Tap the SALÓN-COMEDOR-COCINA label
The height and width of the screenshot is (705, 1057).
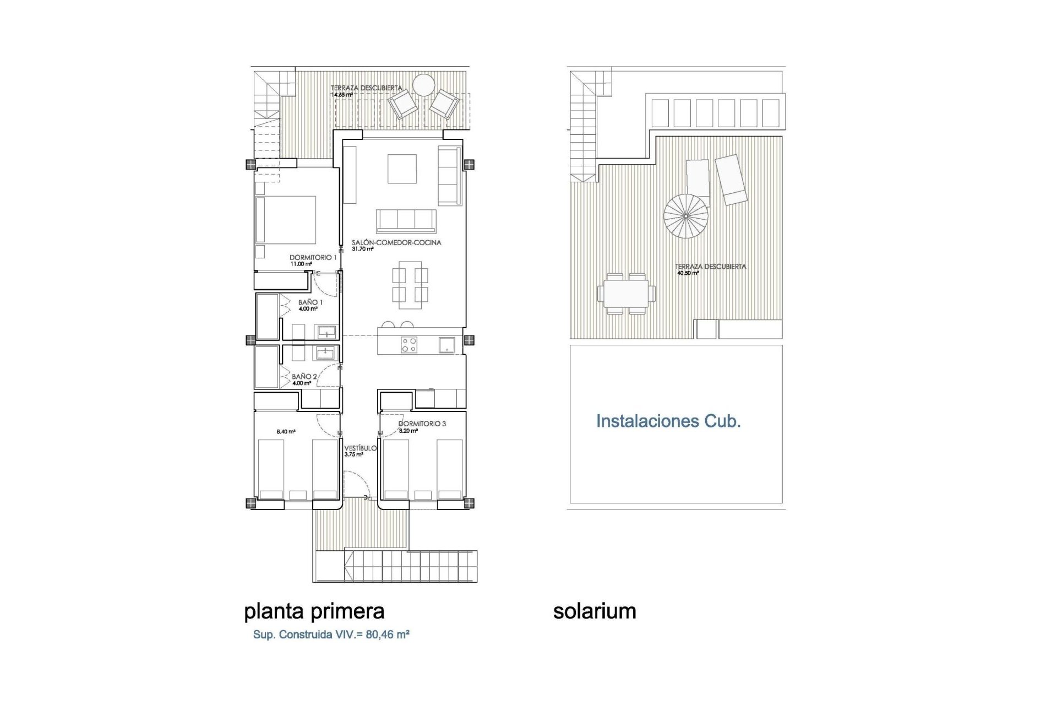point(396,242)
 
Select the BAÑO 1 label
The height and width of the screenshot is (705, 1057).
point(310,302)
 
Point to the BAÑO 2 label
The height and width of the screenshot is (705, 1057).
point(304,377)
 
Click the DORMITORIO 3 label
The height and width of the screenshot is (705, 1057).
point(422,424)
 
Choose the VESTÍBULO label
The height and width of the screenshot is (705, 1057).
point(361,448)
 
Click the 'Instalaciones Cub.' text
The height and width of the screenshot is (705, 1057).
point(668,421)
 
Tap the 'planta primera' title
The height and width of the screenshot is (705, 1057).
point(314,611)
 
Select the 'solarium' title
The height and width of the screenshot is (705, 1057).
point(595,611)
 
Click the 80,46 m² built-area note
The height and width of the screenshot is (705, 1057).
point(331,634)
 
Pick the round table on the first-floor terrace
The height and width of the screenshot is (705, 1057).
point(424,85)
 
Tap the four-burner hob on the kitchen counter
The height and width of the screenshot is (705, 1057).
point(409,345)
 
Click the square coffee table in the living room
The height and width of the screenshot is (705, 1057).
point(402,169)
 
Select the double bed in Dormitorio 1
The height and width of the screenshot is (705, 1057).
point(285,220)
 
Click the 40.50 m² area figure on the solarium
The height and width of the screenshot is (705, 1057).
point(688,273)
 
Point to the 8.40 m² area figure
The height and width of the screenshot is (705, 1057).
point(286,432)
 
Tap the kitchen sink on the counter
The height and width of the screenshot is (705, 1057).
point(446,345)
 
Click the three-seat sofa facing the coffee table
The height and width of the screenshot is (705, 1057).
point(406,221)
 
